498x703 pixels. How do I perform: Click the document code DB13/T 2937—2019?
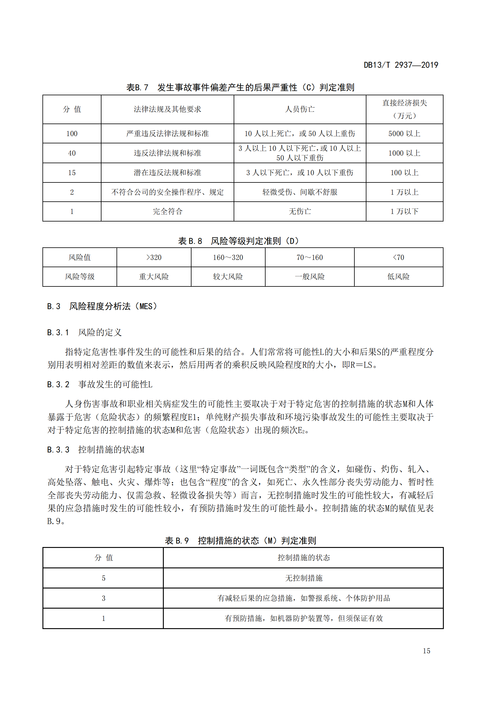coord(400,65)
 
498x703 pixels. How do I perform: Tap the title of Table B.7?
coord(240,87)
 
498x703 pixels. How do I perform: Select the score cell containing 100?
coord(72,133)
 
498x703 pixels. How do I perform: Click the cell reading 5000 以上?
coord(404,133)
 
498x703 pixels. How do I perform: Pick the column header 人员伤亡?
coord(300,109)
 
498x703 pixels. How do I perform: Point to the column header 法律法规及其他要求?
coord(167,109)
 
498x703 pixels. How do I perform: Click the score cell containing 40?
coord(72,153)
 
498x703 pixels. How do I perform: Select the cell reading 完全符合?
coord(167,211)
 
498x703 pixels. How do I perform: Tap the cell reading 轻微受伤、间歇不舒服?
coord(300,192)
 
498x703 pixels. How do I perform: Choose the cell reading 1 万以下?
coord(404,211)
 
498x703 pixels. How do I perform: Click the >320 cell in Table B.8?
coord(154,258)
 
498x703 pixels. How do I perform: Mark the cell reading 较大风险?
coord(228,277)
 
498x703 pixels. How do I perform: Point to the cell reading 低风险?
coord(398,277)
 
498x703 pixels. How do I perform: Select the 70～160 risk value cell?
coord(310,258)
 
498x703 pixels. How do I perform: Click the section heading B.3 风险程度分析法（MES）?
coord(102,306)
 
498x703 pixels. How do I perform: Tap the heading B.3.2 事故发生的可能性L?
coord(100,384)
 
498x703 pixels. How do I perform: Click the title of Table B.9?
coord(240,540)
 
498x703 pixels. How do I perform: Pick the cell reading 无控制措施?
coord(303,578)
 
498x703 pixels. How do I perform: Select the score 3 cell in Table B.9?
coord(103,598)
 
